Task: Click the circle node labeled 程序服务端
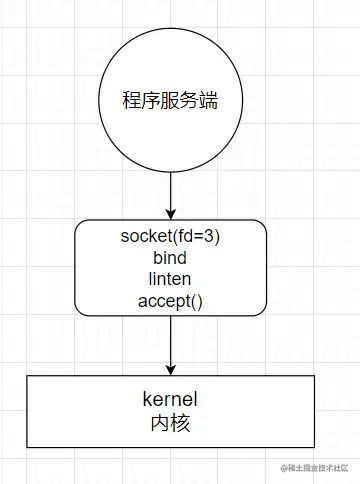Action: [171, 100]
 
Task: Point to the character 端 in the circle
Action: [210, 101]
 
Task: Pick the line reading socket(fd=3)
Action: [171, 236]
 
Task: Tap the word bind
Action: [171, 257]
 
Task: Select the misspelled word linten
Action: [171, 278]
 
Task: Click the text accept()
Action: [171, 299]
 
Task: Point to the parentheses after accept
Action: [197, 299]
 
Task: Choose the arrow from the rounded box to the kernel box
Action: [171, 344]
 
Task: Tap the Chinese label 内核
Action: [171, 423]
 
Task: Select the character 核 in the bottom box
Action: [182, 423]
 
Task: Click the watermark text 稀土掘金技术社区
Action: [318, 468]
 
